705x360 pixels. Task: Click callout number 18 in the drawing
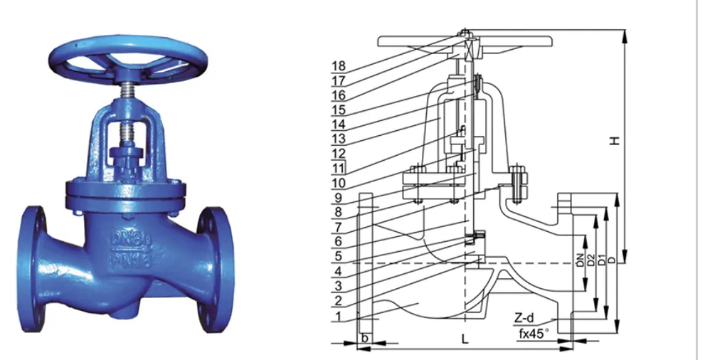click(x=338, y=65)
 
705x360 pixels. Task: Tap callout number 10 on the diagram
click(x=338, y=183)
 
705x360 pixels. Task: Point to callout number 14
click(x=338, y=124)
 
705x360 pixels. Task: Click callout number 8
click(x=339, y=212)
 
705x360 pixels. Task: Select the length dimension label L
click(x=465, y=340)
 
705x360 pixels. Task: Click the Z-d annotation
click(x=526, y=316)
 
